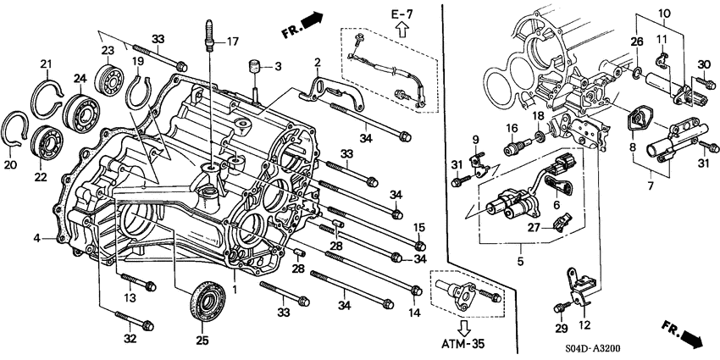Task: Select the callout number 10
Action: [664, 13]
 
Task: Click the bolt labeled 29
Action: [563, 307]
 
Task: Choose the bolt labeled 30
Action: [701, 83]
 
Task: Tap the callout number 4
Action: [37, 239]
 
